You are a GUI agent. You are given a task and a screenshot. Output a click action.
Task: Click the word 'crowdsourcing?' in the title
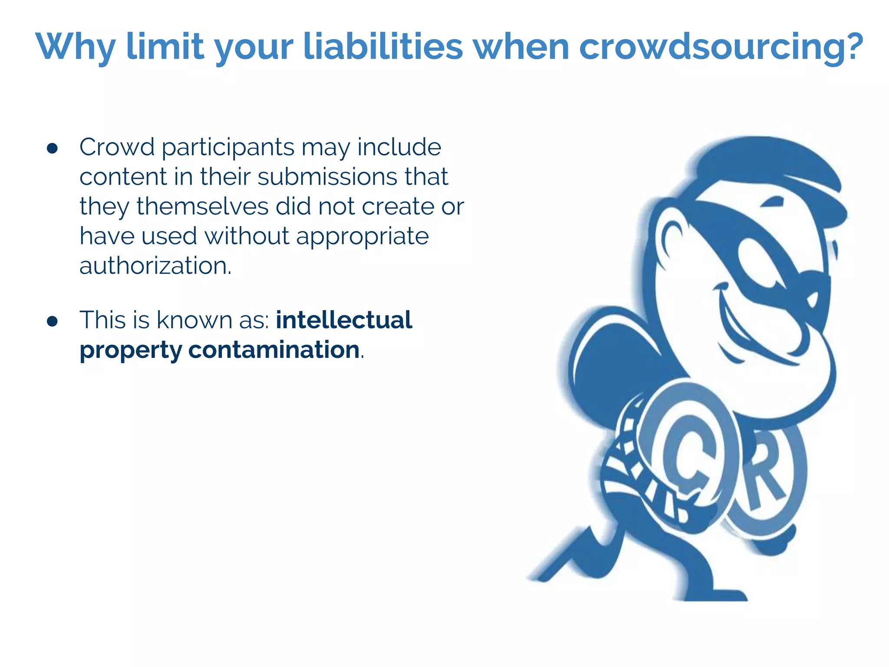tap(721, 47)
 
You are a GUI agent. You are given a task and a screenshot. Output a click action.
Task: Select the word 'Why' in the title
tap(76, 47)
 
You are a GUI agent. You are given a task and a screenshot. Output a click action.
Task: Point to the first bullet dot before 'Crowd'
tap(52, 149)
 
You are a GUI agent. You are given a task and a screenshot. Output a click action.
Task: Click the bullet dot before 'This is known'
tap(52, 321)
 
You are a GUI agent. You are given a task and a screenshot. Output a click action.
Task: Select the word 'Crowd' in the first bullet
tap(117, 147)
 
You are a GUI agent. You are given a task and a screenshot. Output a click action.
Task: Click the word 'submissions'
tap(327, 177)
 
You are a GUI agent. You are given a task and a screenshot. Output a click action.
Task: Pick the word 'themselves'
tap(202, 206)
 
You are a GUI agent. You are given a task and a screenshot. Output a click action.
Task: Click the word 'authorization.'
tap(155, 266)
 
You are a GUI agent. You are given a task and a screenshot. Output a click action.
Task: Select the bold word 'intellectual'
tap(344, 320)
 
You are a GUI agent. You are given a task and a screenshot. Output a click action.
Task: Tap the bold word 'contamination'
tap(274, 350)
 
